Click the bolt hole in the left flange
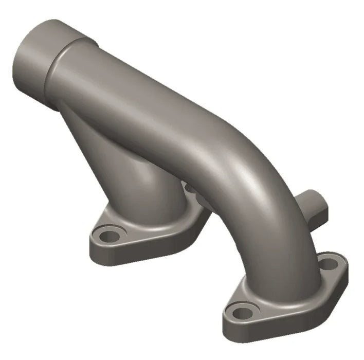tap(109, 237)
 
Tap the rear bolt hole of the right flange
tap(327, 264)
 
